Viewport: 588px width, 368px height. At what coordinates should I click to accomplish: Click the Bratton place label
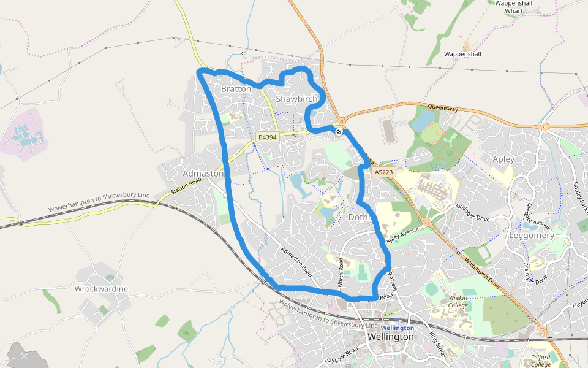pyautogui.click(x=236, y=89)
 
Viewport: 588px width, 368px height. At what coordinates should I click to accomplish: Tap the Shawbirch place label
pyautogui.click(x=296, y=99)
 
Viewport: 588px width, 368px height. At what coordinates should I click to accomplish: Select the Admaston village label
pyautogui.click(x=203, y=174)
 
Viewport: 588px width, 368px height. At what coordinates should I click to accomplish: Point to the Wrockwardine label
pyautogui.click(x=101, y=289)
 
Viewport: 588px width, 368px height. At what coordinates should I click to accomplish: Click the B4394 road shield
pyautogui.click(x=267, y=137)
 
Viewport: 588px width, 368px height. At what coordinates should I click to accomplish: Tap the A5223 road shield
pyautogui.click(x=383, y=173)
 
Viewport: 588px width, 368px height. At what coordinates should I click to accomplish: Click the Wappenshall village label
pyautogui.click(x=462, y=54)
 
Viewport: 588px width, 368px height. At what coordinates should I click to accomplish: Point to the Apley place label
pyautogui.click(x=503, y=159)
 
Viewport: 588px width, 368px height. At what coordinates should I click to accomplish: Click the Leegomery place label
pyautogui.click(x=532, y=236)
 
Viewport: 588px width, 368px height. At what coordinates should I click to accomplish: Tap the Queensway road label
pyautogui.click(x=443, y=108)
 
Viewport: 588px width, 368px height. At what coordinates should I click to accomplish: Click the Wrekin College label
pyautogui.click(x=458, y=301)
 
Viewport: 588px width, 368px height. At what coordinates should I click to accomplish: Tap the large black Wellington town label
pyautogui.click(x=390, y=337)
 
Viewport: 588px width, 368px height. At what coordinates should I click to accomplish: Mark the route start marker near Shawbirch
pyautogui.click(x=339, y=131)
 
